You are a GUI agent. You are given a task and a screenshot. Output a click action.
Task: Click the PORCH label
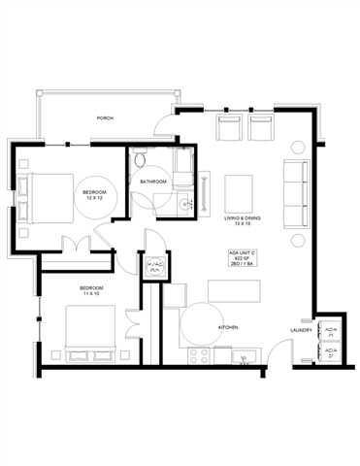[x=105, y=118]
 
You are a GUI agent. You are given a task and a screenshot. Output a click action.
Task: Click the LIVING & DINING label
[x=243, y=221]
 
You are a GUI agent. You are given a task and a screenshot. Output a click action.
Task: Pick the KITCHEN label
[x=228, y=328]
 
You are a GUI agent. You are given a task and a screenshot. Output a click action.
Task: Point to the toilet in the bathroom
[x=142, y=159]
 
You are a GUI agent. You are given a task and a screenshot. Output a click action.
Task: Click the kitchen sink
[x=243, y=355]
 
